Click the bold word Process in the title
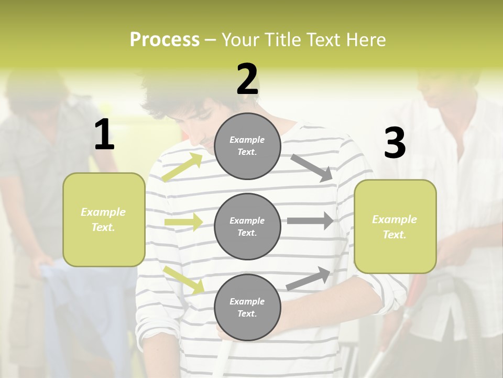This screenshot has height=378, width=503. click(165, 40)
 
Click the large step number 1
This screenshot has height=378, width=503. click(104, 135)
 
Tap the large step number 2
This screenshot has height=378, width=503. click(247, 80)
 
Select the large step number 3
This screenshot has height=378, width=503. click(395, 143)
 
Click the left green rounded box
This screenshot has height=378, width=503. click(104, 219)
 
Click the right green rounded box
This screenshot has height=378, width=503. click(395, 226)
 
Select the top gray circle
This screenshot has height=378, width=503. click(247, 146)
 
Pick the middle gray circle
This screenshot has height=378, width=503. click(247, 226)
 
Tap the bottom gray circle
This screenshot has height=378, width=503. click(247, 307)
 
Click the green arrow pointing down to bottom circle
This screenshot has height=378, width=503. click(183, 280)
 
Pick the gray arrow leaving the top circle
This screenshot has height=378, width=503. click(311, 167)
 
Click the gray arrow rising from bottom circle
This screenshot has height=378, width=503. click(309, 279)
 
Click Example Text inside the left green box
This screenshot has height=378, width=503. click(103, 219)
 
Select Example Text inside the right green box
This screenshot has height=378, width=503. click(395, 227)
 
